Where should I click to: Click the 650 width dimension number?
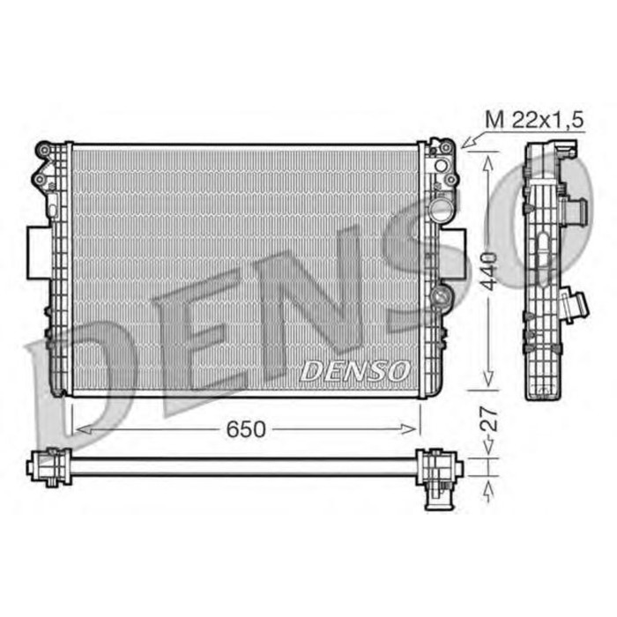click(x=245, y=429)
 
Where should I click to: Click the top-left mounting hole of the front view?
click(x=41, y=151)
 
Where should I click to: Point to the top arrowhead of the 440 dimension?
click(x=485, y=155)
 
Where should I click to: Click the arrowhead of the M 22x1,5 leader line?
click(x=465, y=142)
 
